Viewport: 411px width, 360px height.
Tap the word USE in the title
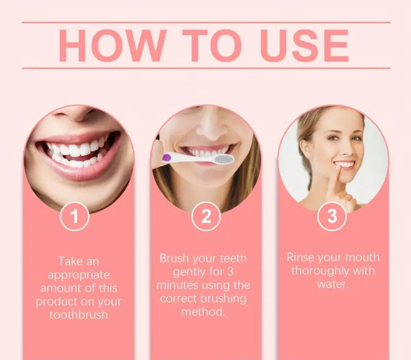point(304,46)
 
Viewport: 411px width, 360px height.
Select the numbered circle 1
point(74,216)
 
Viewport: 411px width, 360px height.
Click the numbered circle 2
point(206,216)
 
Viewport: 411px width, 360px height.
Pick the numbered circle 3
point(332,216)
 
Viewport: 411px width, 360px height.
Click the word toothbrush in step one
point(79,314)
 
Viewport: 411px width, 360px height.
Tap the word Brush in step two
point(174,258)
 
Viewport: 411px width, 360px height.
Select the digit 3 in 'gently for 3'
point(230,272)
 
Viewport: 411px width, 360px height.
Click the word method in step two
point(203,312)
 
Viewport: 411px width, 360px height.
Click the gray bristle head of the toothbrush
point(223,159)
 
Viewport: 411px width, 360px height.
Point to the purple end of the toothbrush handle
point(167,158)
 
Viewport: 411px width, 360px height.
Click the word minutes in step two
point(177,285)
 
